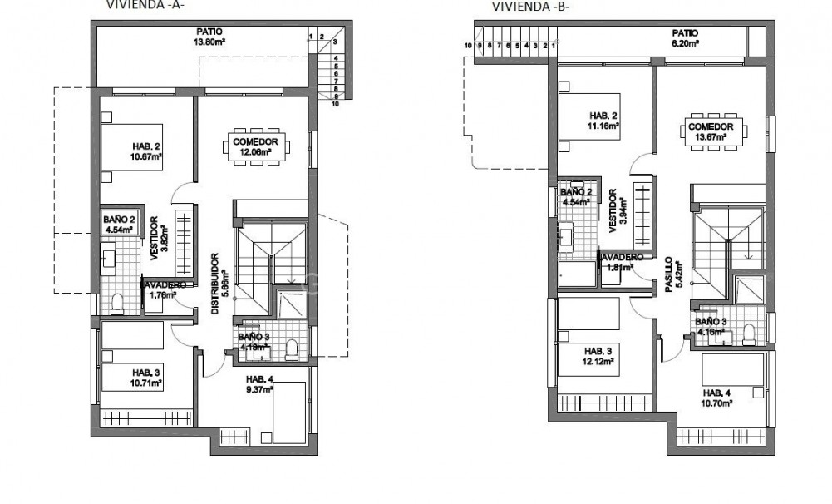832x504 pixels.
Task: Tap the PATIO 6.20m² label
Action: click(x=686, y=37)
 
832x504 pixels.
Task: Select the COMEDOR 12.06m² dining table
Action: click(x=256, y=147)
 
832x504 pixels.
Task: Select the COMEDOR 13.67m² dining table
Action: click(x=710, y=131)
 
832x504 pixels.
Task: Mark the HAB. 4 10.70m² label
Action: click(x=717, y=398)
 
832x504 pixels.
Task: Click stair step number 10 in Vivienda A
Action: click(x=335, y=105)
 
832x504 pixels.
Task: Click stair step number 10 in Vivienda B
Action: click(x=469, y=46)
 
